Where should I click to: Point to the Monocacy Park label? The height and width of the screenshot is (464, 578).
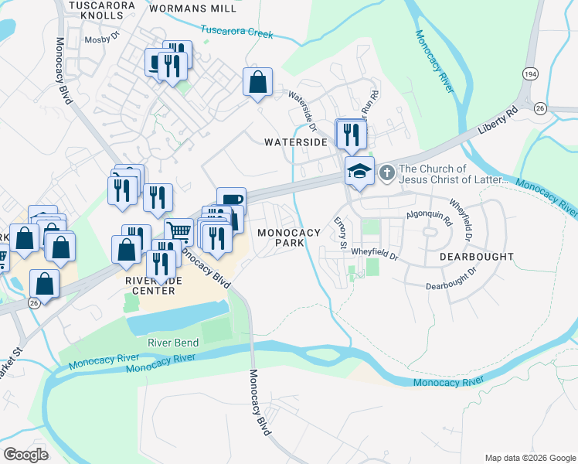coord(288,237)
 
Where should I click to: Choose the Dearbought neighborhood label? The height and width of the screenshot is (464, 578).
coord(477,256)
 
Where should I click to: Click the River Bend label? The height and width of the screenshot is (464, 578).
coord(173,343)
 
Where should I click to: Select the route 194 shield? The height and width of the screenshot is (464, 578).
coord(529,73)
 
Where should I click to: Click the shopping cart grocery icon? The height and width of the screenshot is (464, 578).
coord(178,230)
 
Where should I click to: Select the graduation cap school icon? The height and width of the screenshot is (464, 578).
coord(359,169)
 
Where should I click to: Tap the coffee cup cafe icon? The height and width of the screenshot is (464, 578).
coord(231,199)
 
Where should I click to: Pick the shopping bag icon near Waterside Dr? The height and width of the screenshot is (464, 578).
coord(257,80)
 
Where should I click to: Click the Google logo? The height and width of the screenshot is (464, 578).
coord(25,454)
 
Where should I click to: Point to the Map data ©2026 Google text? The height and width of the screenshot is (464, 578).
coord(529,457)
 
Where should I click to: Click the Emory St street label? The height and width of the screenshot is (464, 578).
coord(338,231)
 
